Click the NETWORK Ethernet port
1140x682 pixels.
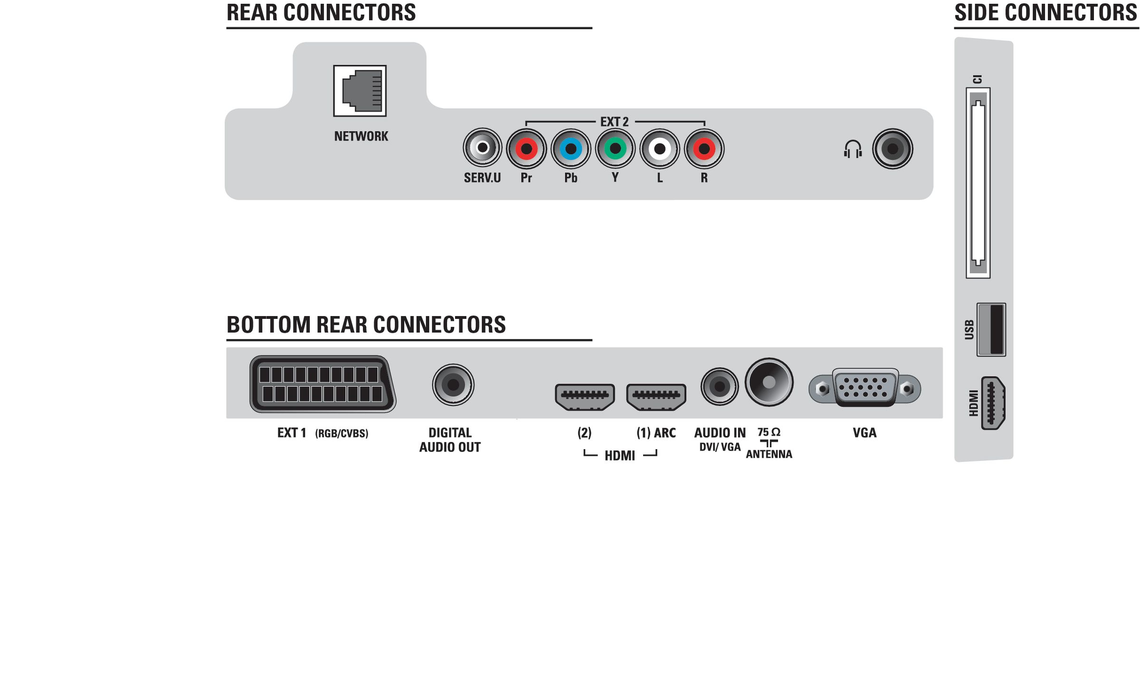click(x=360, y=91)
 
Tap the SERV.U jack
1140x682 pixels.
click(x=482, y=148)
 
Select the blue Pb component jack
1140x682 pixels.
click(x=570, y=149)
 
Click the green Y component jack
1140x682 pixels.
click(x=615, y=148)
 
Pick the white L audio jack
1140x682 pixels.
click(x=660, y=149)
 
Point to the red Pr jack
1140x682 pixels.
click(x=526, y=149)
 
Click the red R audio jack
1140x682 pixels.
click(x=704, y=149)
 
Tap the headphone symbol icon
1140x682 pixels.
click(x=853, y=149)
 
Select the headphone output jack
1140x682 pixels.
click(x=893, y=149)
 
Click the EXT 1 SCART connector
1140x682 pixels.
click(x=323, y=384)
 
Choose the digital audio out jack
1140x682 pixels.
click(x=453, y=384)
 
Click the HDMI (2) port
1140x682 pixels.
click(x=585, y=397)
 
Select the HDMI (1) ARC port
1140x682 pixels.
click(x=656, y=397)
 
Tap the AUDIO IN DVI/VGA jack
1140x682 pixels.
click(x=720, y=386)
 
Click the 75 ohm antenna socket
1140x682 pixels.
click(x=769, y=382)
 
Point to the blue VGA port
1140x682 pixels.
click(x=864, y=388)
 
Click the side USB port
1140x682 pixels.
click(x=991, y=329)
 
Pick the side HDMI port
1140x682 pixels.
click(x=993, y=403)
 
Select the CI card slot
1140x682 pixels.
click(x=978, y=183)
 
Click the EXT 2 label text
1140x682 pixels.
click(x=614, y=122)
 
